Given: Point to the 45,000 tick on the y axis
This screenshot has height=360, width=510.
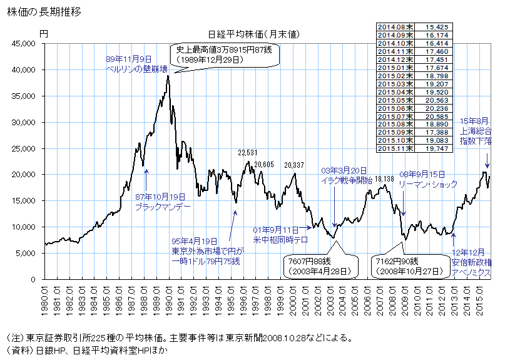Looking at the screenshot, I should coord(24,44).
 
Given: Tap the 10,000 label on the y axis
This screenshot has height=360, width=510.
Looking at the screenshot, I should coord(24,227).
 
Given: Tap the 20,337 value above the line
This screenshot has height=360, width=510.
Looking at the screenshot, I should coord(295,165).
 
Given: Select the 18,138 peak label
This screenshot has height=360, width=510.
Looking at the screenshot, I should coord(385,178).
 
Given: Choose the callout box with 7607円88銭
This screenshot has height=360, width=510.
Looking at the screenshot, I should coord(320,265).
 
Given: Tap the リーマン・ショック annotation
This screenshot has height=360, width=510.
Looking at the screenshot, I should coord(430,183).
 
